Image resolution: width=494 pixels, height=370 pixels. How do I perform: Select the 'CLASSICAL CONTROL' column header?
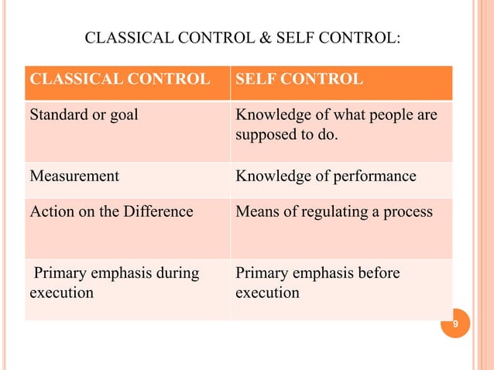point(119,79)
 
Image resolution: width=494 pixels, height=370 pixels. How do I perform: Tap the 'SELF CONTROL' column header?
point(299,79)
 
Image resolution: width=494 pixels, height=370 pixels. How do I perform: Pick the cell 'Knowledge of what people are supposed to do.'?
point(334,126)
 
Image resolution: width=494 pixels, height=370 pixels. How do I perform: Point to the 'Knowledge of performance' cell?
point(325,176)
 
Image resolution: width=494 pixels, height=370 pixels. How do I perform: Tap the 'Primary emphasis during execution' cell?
point(114,283)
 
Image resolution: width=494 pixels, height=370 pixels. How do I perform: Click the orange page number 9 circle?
point(455,324)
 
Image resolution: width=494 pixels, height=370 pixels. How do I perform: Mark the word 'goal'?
point(125,116)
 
